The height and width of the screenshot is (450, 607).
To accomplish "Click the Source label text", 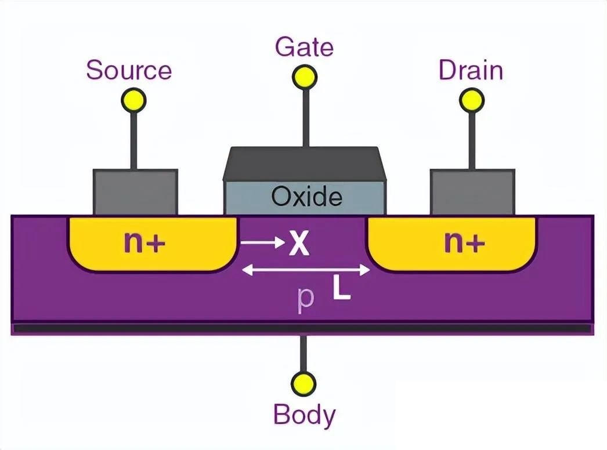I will (x=129, y=70).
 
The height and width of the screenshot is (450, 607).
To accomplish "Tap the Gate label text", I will (x=304, y=47).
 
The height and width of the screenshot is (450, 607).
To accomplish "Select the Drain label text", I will (x=470, y=70).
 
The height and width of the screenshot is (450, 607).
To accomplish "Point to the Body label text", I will (x=304, y=415).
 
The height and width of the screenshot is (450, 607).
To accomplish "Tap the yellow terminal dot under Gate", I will (x=305, y=77).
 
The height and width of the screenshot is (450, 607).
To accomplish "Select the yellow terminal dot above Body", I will (x=303, y=384).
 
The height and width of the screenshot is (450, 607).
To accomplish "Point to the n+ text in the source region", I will (x=144, y=244).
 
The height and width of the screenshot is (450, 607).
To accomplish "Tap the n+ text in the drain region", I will (x=464, y=244).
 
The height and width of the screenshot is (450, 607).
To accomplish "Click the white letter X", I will (x=298, y=245).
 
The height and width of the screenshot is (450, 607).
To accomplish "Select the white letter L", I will (x=342, y=289).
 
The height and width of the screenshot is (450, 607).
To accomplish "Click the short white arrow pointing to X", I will (x=261, y=244).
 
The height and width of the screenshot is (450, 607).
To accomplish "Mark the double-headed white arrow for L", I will (x=305, y=270).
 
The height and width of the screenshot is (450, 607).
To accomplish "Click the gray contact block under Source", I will (x=135, y=192).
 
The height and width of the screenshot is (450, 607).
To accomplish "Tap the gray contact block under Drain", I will (x=472, y=192).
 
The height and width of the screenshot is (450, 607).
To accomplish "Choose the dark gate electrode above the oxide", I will (x=304, y=163).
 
